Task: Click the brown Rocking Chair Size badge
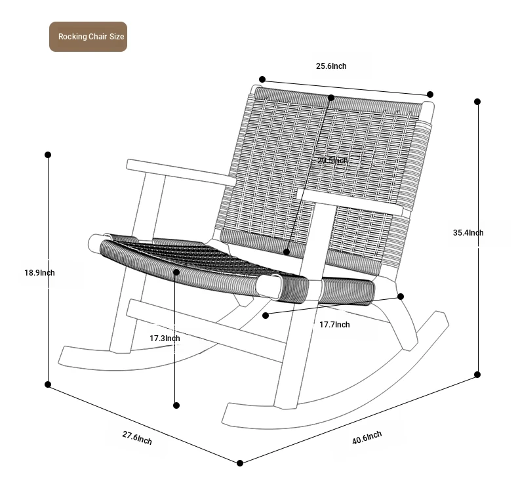89,37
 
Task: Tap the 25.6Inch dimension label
331,66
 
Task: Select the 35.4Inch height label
468,233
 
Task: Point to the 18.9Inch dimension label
39,273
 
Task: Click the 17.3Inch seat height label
165,339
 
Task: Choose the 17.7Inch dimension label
334,325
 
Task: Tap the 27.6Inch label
137,438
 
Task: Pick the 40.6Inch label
367,438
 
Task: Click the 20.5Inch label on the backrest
332,161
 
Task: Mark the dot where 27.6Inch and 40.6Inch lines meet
240,463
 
